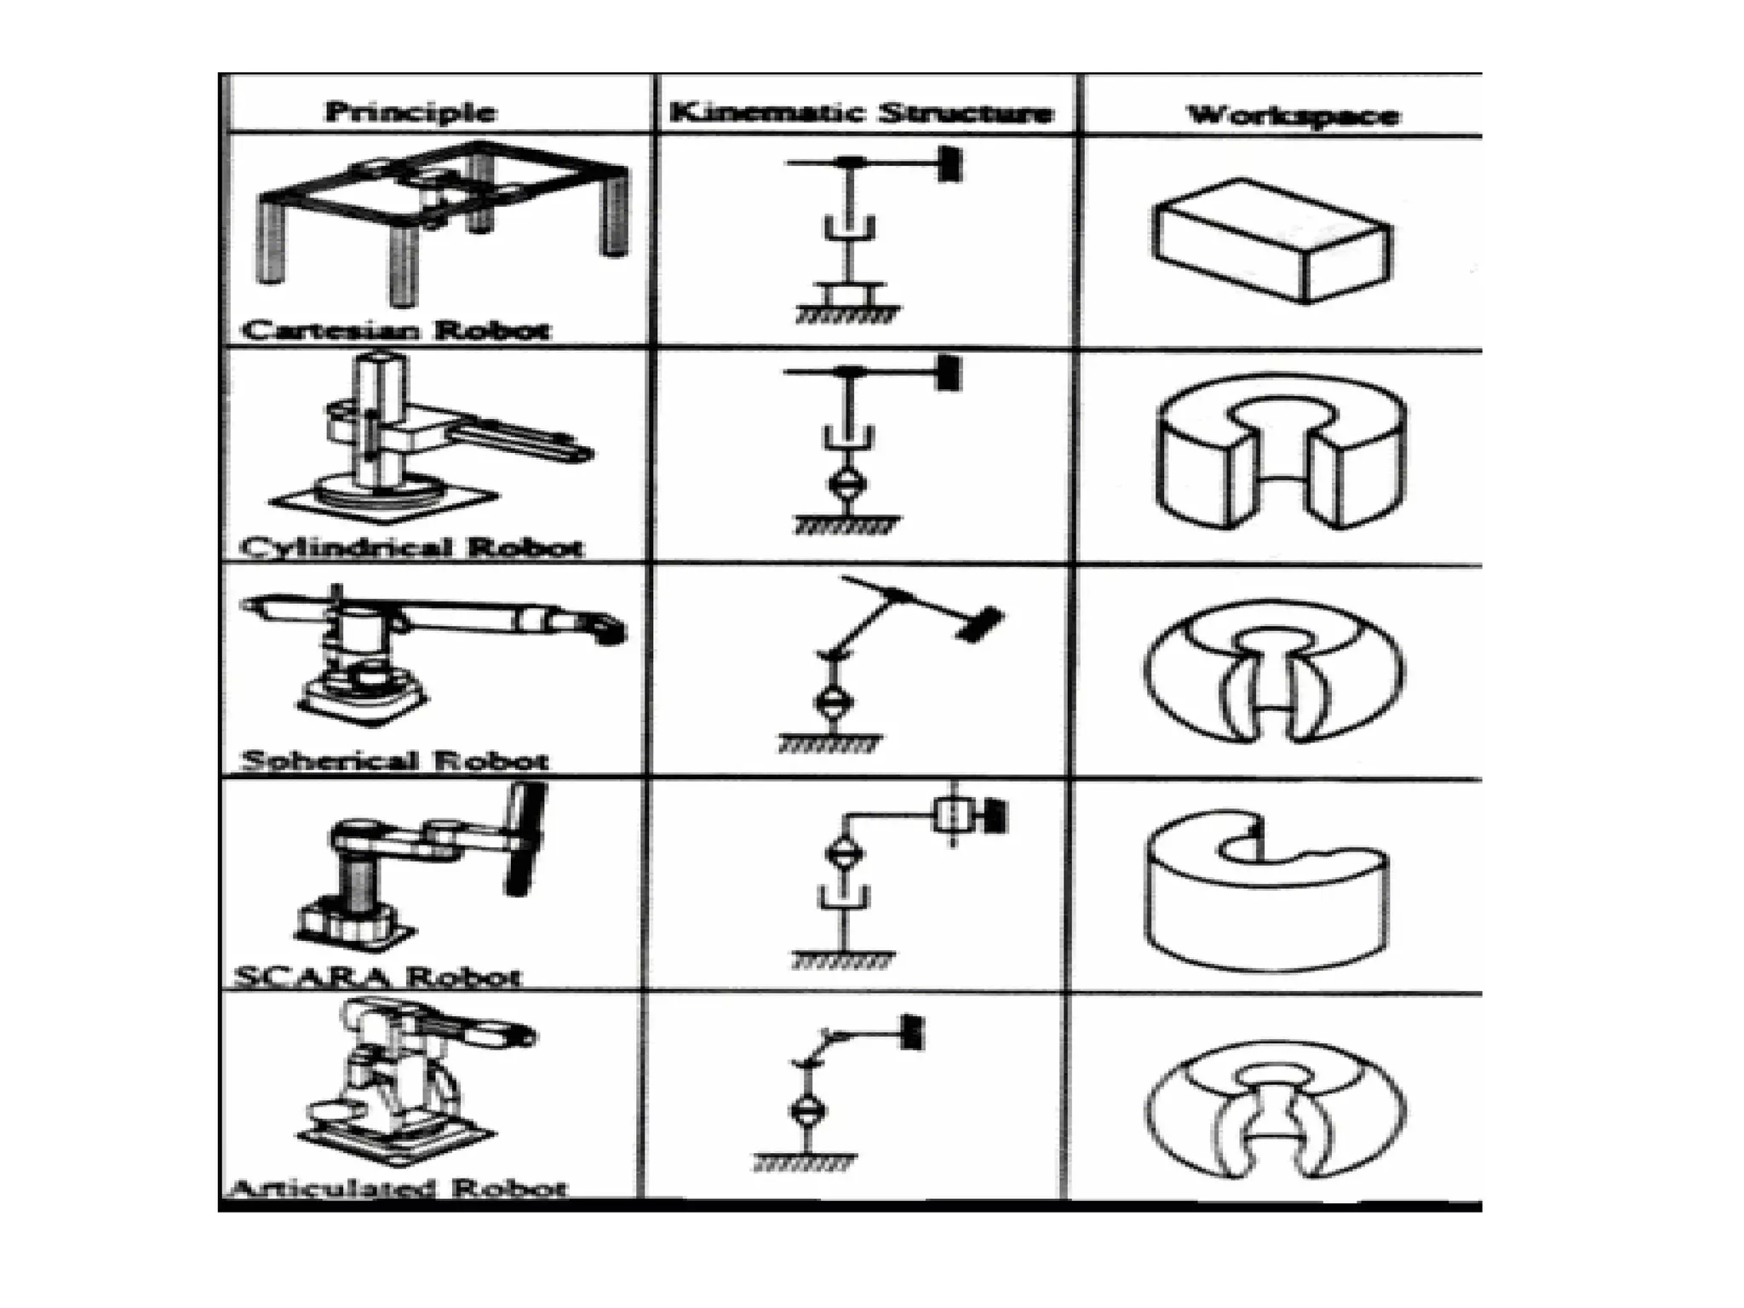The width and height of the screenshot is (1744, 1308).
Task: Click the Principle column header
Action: pyautogui.click(x=410, y=112)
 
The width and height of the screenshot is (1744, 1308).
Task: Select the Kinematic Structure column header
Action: pyautogui.click(x=861, y=113)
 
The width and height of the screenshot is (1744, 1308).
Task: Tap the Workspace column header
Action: pyautogui.click(x=1293, y=116)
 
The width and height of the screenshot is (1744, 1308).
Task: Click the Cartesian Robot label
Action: pyautogui.click(x=396, y=330)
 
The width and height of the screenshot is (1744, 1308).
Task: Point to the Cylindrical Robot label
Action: pyautogui.click(x=412, y=547)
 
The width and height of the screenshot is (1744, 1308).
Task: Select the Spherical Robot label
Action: pyautogui.click(x=395, y=760)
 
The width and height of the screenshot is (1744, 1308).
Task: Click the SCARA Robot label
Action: pyautogui.click(x=376, y=976)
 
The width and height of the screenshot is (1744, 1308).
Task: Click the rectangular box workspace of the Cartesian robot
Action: pyautogui.click(x=1271, y=240)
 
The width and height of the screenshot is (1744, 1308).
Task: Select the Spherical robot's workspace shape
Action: pyautogui.click(x=1274, y=672)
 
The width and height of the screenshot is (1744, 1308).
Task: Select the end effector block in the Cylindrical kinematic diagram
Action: pyautogui.click(x=948, y=372)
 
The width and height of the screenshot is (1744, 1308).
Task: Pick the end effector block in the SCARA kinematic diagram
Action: pyautogui.click(x=995, y=816)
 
